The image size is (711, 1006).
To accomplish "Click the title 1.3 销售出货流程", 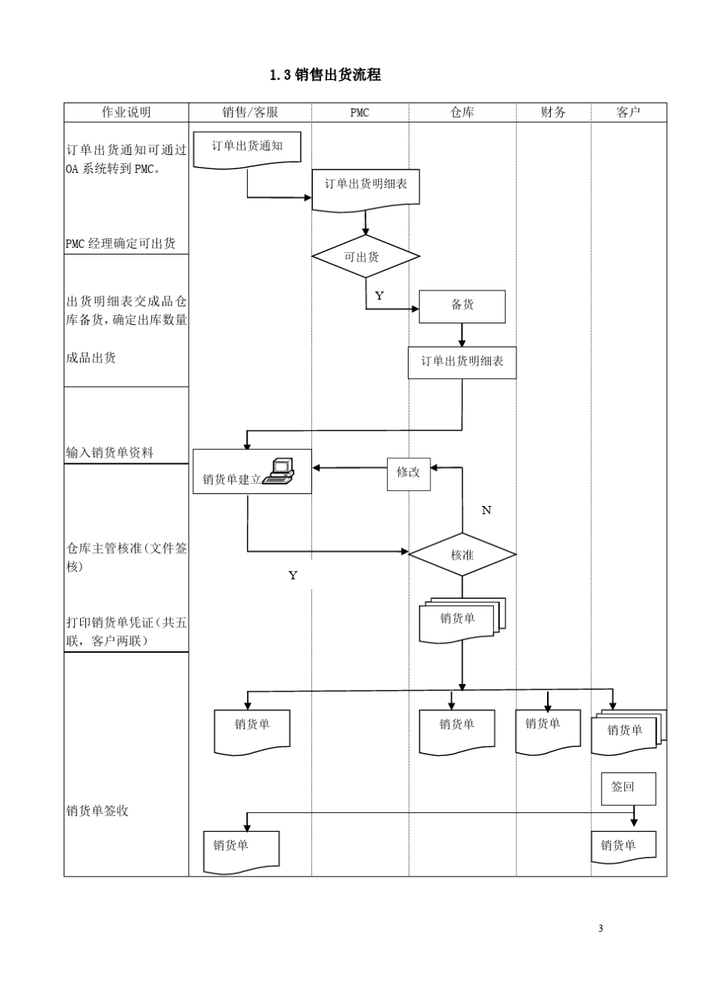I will (x=325, y=75).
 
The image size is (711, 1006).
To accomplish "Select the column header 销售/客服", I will (x=250, y=112).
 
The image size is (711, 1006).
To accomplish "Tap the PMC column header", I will (x=359, y=112).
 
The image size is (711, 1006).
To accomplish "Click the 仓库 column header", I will (x=462, y=112).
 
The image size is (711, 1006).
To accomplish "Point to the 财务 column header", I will (x=553, y=112).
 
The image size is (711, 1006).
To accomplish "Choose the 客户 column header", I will (x=628, y=112).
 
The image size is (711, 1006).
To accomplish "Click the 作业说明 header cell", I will (x=126, y=112).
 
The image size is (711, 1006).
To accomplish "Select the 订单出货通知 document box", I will (x=247, y=147).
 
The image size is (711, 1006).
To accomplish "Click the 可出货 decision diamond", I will (x=365, y=257).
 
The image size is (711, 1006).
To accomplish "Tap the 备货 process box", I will (x=462, y=306).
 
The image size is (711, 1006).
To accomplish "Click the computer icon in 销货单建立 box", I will (x=278, y=472).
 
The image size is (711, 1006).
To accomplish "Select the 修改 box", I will (x=409, y=473).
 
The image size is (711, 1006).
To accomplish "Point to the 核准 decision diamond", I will (x=462, y=555).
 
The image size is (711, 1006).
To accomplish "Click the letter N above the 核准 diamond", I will (x=486, y=510).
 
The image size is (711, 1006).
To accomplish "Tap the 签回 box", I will (x=628, y=788).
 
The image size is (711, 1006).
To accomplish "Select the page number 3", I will (x=600, y=929).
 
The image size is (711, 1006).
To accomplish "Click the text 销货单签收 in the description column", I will (x=97, y=811).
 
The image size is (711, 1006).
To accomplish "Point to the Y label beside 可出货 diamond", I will (x=379, y=296).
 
